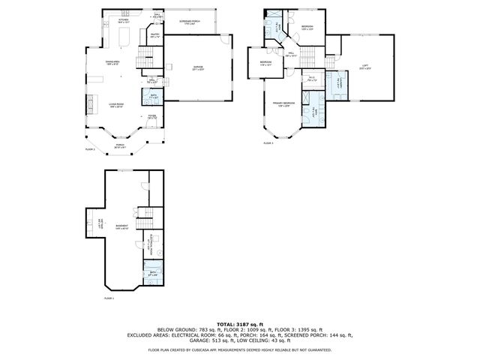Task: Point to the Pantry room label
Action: click(x=154, y=35)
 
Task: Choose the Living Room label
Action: click(x=115, y=105)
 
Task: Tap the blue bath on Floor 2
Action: click(x=154, y=96)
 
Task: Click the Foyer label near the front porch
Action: click(x=151, y=117)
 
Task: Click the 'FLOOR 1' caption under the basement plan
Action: click(x=109, y=298)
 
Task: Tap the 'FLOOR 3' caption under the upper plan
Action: click(x=267, y=142)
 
